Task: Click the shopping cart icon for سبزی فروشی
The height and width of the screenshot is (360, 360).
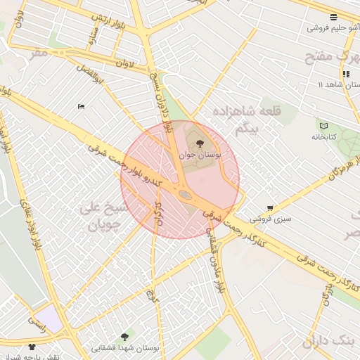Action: pos(270,207)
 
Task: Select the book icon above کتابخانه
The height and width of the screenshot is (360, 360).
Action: pos(323,125)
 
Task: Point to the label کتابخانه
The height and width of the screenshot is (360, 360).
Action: pos(325,136)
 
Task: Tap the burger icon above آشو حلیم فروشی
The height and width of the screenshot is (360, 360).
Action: pos(333,17)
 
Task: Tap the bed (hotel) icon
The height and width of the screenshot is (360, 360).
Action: pos(82,106)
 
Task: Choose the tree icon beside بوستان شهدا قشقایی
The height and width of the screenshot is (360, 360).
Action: pos(125,337)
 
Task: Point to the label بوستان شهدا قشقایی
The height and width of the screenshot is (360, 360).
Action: pos(127,348)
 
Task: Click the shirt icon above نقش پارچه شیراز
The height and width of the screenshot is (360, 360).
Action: pos(32,346)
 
